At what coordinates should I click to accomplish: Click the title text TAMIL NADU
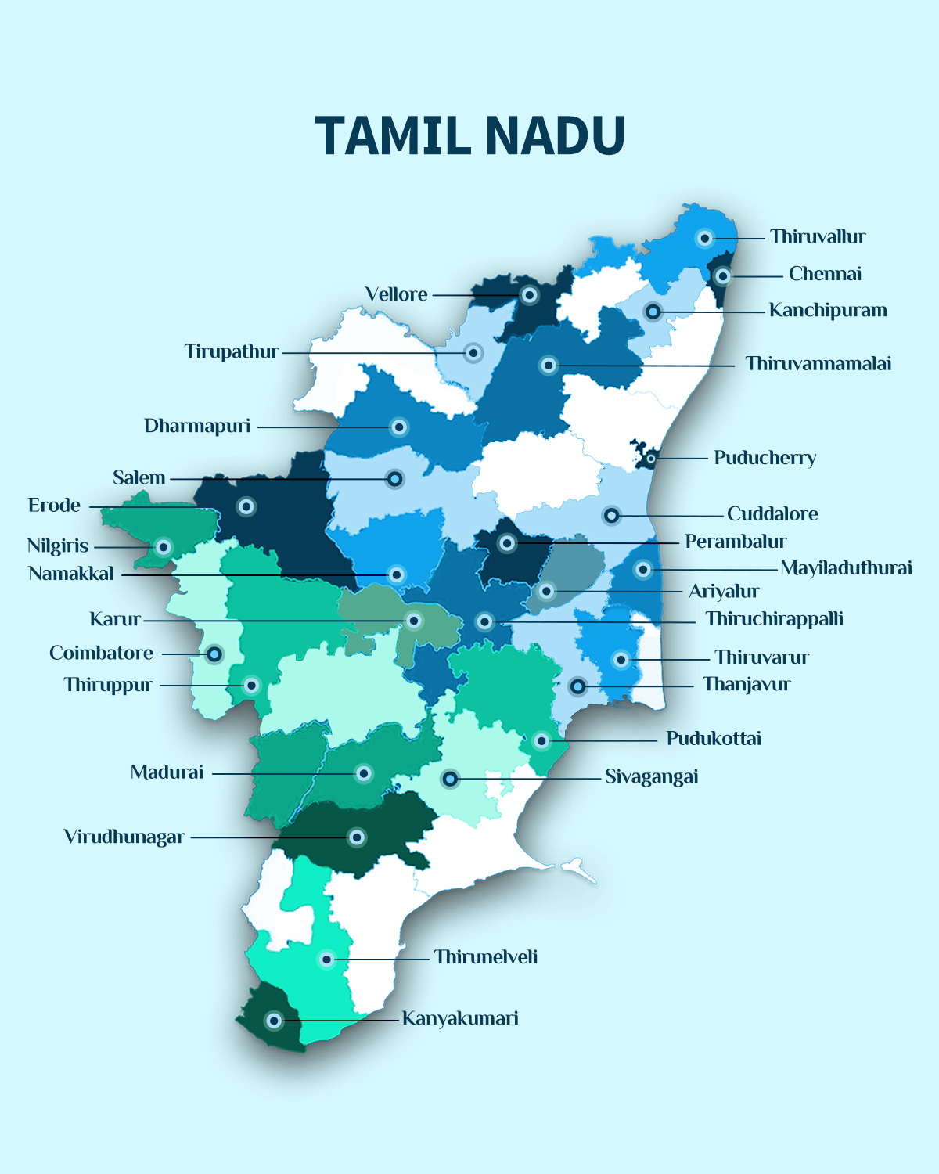[469, 136]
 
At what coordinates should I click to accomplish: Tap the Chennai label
[825, 274]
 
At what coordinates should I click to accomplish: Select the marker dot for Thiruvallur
[705, 238]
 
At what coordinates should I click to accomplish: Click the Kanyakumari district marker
[274, 1021]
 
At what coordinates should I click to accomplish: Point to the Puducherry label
[765, 458]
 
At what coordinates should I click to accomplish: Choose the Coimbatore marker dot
[214, 654]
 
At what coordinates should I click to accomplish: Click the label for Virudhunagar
[124, 837]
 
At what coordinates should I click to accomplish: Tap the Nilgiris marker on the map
[164, 546]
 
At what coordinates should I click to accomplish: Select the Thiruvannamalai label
[818, 364]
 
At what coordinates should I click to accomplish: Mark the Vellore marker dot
[530, 295]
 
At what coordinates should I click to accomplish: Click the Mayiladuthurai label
[846, 568]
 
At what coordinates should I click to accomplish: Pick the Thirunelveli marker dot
[326, 959]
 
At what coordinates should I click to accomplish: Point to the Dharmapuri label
[197, 426]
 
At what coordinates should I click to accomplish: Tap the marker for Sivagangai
[450, 779]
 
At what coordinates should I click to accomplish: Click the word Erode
[54, 506]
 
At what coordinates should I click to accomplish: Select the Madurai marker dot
[363, 773]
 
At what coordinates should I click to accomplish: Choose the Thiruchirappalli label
[774, 619]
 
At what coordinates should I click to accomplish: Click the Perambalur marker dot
[507, 542]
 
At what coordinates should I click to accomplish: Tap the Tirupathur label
[232, 351]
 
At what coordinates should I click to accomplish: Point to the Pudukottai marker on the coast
[541, 740]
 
